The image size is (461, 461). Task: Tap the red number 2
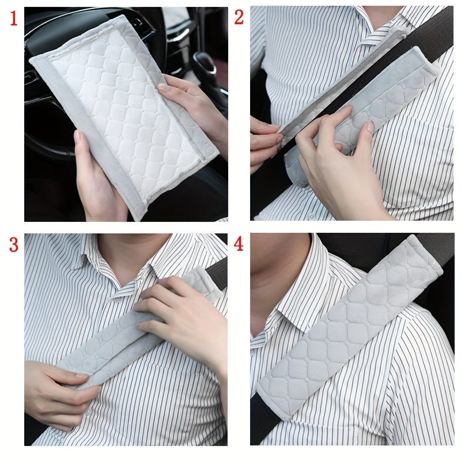(239, 17)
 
